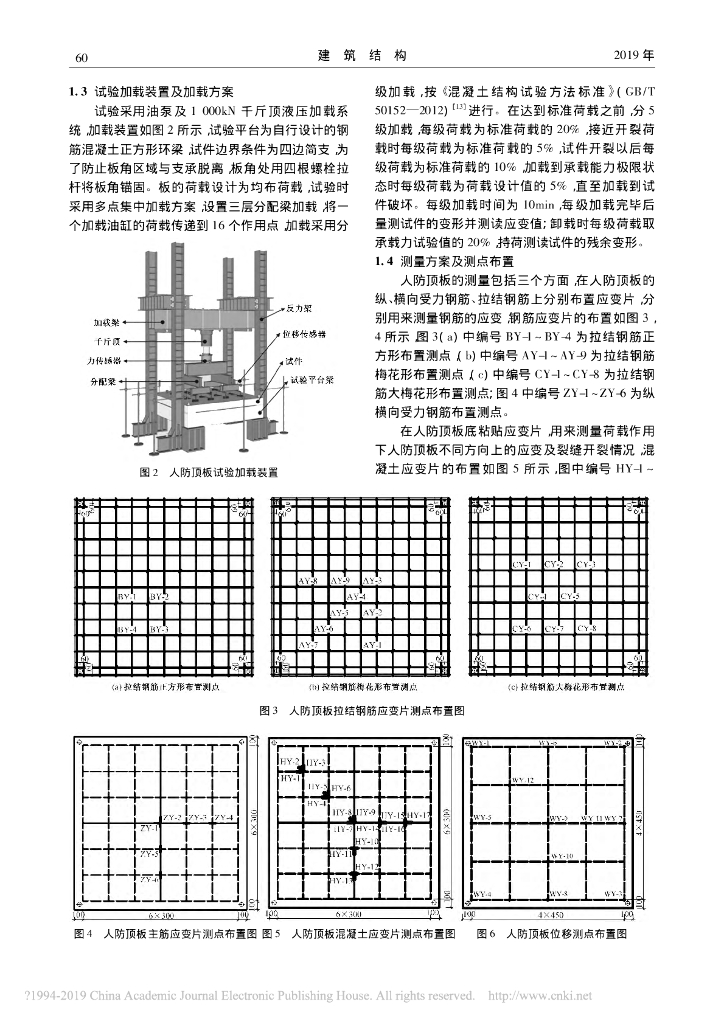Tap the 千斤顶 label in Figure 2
(110, 341)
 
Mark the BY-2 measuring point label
(159, 597)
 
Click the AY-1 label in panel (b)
(371, 645)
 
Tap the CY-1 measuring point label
(521, 565)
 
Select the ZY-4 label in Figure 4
(224, 818)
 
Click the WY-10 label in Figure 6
(563, 856)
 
